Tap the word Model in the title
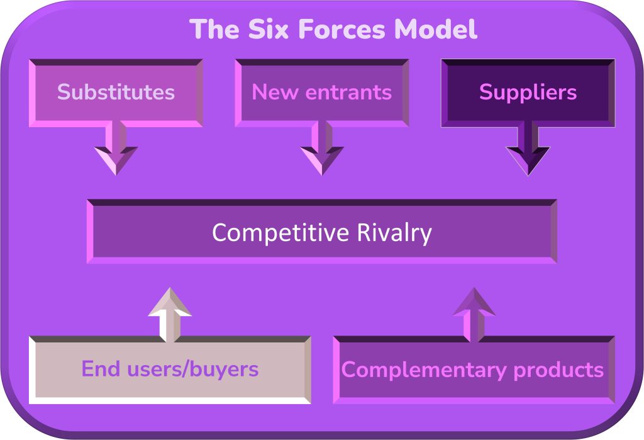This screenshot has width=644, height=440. (x=435, y=29)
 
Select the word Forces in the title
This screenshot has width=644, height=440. (x=341, y=29)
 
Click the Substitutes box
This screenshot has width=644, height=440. (x=116, y=93)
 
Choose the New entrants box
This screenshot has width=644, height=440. (x=321, y=93)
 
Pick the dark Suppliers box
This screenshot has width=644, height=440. (x=528, y=93)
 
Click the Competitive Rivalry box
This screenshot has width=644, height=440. (x=322, y=232)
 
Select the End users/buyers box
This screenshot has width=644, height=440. (x=170, y=369)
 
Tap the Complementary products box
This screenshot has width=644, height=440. (x=474, y=369)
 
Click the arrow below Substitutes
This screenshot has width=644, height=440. (x=116, y=148)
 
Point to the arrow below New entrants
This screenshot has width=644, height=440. (x=321, y=148)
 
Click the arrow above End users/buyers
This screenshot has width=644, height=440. (x=170, y=315)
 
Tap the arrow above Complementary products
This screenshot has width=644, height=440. (x=474, y=315)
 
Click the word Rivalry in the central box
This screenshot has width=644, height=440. (x=394, y=233)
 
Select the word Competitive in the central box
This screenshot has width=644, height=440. (x=280, y=233)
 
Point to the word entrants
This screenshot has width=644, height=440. (x=348, y=92)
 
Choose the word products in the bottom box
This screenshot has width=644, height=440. (x=558, y=370)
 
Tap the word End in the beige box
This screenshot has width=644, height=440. (x=101, y=368)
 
